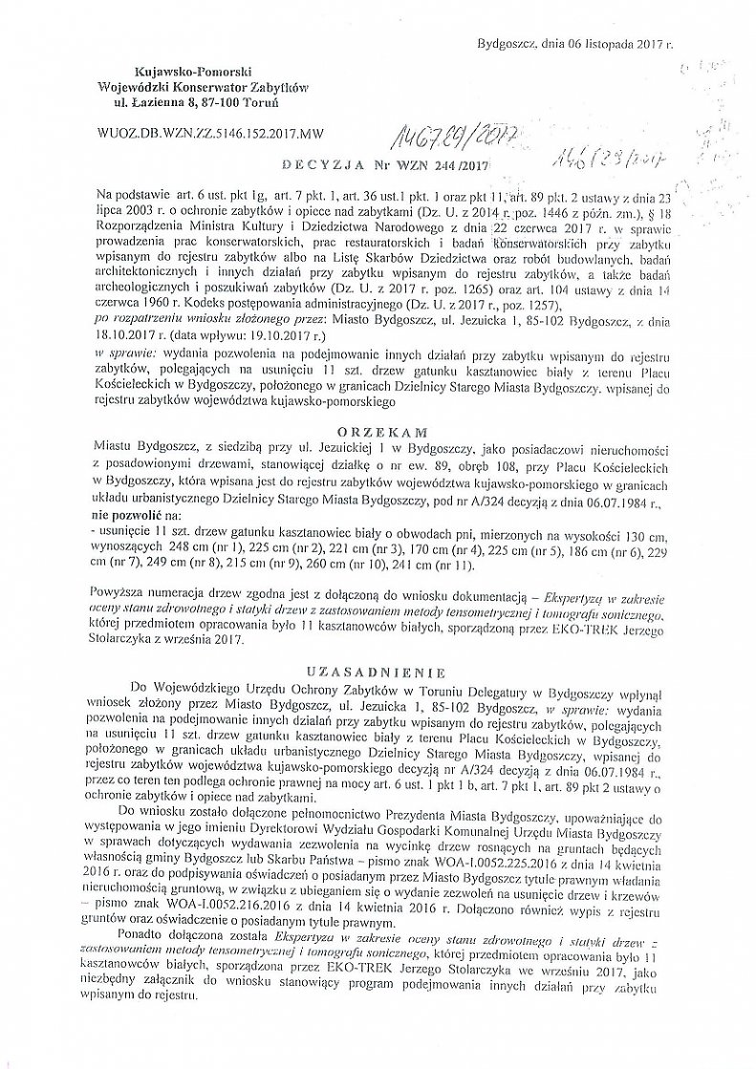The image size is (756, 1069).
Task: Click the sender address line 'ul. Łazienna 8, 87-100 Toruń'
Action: tap(197, 100)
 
